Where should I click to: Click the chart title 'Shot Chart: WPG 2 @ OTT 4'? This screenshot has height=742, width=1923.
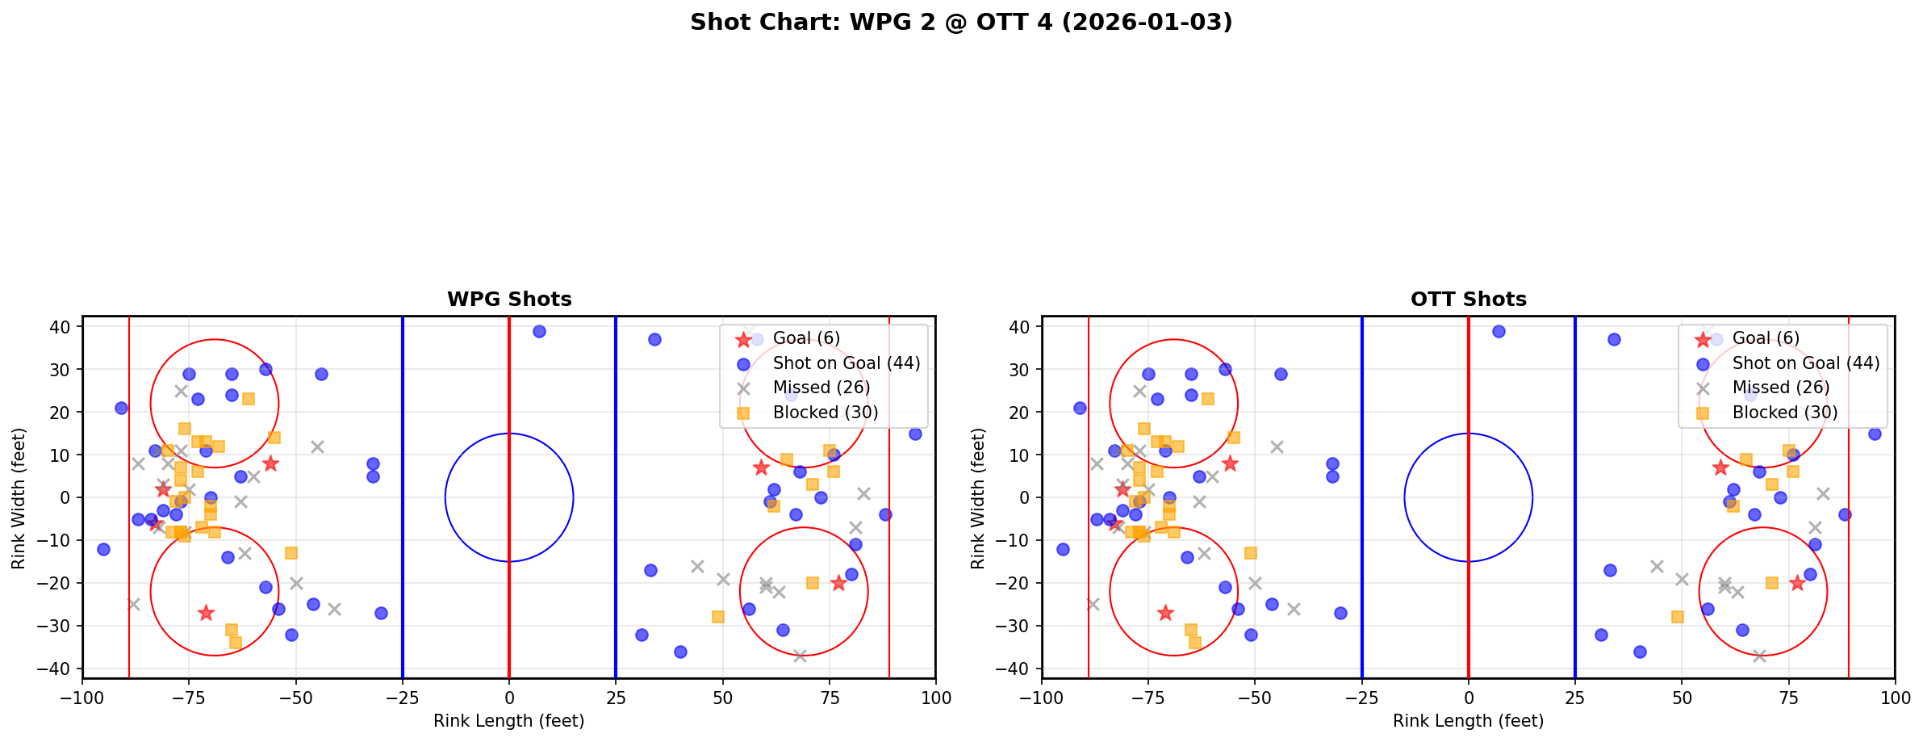point(961,23)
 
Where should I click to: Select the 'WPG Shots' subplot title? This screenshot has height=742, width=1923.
point(509,300)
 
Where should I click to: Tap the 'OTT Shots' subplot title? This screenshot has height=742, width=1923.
point(1468,300)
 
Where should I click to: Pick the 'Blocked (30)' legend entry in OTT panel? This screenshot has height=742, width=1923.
point(1784,413)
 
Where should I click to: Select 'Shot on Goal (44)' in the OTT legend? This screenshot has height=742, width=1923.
point(1805,363)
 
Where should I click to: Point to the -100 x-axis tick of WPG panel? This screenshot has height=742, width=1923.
point(82,697)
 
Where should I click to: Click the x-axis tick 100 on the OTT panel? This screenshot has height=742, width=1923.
point(1895,697)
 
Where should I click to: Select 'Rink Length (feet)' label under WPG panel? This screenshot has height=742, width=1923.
point(508,721)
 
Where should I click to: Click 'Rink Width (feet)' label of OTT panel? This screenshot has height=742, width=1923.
point(978,497)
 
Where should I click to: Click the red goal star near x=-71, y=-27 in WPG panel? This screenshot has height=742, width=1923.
point(206,613)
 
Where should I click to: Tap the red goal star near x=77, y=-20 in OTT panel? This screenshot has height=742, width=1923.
point(1797,583)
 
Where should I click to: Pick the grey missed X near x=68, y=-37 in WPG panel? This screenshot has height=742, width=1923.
point(800,656)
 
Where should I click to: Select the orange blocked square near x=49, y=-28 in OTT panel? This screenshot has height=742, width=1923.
point(1678,617)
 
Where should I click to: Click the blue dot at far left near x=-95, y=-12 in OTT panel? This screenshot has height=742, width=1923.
point(1063,549)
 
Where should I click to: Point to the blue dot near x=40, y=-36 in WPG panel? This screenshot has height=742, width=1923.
point(680,652)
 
